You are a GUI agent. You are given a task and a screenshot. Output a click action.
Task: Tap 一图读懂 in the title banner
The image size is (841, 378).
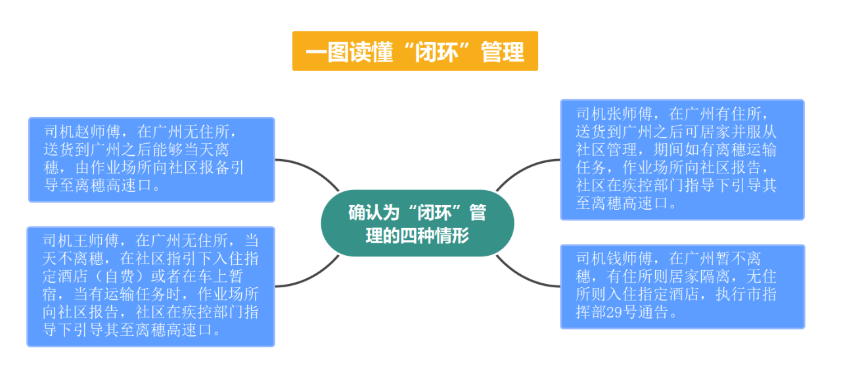pos(350,52)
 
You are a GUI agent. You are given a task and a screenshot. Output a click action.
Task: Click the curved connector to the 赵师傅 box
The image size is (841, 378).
pos(309,168)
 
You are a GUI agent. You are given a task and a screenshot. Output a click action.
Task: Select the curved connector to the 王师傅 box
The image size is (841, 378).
pos(309,279)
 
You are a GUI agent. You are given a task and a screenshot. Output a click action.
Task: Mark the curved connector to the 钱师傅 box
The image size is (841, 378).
pos(526,279)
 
